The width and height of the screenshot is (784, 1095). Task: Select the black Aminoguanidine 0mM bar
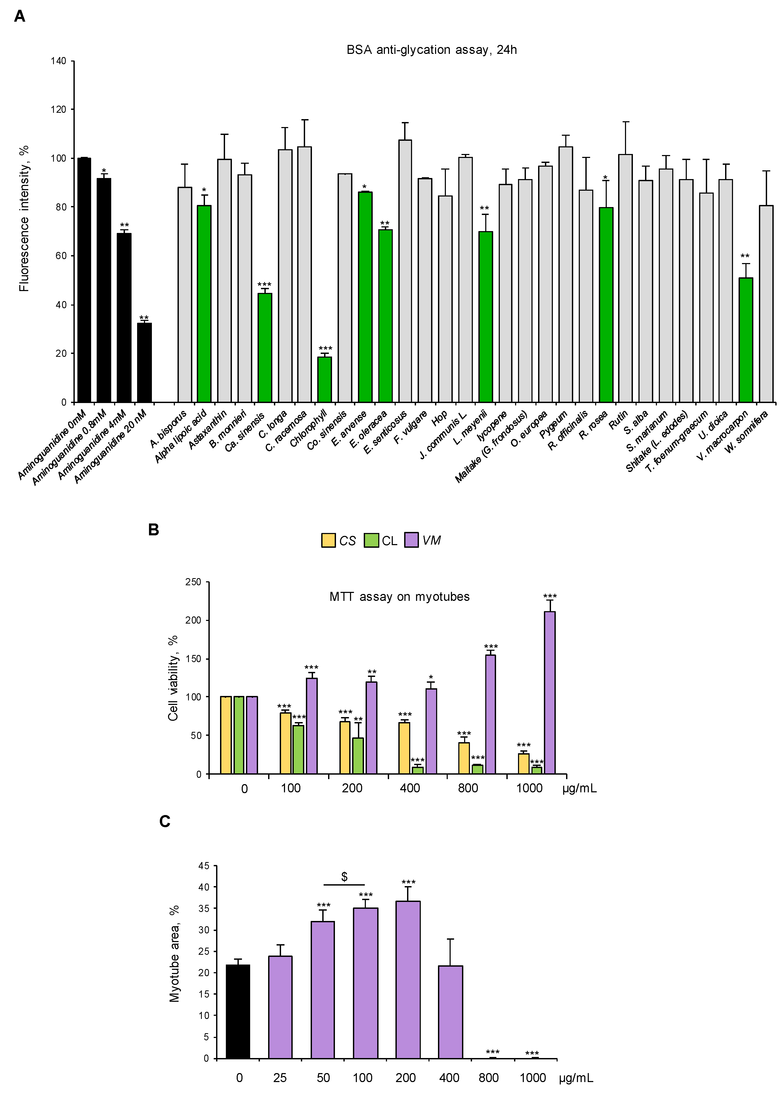point(84,280)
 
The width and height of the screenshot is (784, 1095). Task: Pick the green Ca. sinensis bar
point(265,348)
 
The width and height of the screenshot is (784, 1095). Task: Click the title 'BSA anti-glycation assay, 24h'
point(432,50)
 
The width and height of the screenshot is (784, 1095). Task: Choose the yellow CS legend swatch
point(328,540)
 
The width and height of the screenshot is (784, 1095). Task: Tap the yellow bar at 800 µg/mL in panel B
point(463,758)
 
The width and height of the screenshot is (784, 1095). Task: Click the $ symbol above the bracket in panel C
point(344,876)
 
